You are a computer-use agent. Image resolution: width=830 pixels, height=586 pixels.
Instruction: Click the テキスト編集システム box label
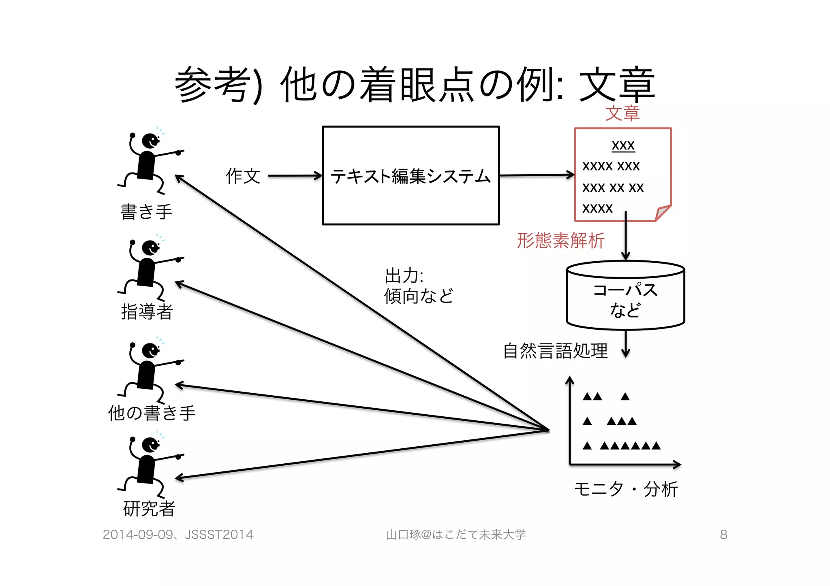(411, 177)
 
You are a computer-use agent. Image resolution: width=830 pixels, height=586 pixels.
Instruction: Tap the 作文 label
(243, 176)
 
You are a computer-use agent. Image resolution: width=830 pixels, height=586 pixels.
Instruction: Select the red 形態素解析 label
(560, 241)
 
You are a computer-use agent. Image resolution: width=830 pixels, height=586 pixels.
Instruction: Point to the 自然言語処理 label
(555, 351)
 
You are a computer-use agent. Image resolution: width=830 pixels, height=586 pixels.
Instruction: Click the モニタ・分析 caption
(626, 489)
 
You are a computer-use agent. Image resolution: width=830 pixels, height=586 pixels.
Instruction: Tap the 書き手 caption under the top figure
(146, 212)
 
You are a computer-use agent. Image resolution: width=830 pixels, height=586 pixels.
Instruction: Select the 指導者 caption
(147, 312)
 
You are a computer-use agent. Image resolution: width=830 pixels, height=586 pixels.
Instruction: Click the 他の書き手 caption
(152, 413)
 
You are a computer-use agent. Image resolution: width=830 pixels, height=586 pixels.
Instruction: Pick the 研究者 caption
(149, 509)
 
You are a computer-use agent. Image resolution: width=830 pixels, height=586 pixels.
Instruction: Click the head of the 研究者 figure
(150, 445)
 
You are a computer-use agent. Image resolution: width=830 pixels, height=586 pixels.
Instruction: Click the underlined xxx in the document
(623, 145)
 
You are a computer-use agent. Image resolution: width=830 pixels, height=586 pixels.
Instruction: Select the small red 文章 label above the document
(622, 113)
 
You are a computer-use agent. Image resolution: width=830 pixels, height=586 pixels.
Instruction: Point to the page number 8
(723, 535)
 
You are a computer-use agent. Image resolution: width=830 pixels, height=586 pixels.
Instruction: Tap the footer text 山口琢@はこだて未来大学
(456, 535)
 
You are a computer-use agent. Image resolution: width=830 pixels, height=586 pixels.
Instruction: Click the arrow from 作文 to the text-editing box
(295, 176)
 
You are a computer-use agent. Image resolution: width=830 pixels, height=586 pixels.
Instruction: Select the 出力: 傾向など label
(418, 286)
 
